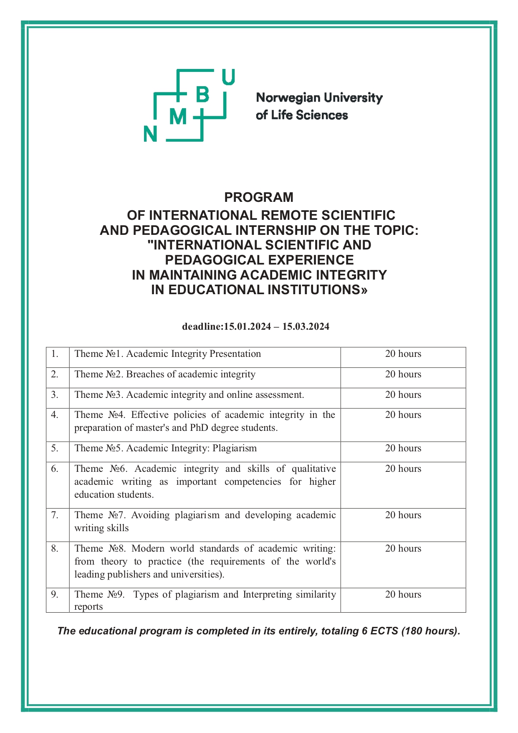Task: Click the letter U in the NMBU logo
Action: tap(228, 77)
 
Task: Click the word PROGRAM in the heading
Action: tap(259, 197)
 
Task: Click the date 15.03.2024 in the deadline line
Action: tap(306, 326)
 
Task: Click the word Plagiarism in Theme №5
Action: tap(235, 448)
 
